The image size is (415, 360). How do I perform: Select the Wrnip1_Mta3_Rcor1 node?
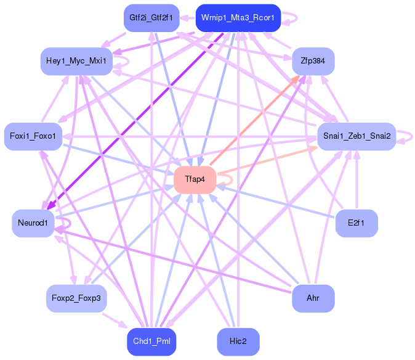tap(238, 18)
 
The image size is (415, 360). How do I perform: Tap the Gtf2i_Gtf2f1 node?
tap(151, 18)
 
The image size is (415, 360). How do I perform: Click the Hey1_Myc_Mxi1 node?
tap(76, 61)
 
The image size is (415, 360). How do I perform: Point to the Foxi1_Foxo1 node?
tap(33, 136)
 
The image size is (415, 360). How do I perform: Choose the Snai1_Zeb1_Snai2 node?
tap(356, 136)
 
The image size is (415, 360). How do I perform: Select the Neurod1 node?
tap(33, 223)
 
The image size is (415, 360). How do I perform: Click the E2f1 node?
tap(356, 223)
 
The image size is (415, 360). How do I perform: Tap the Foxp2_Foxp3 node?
tap(76, 298)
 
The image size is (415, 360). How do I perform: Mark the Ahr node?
tap(313, 298)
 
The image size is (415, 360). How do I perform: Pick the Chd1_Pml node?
tap(151, 342)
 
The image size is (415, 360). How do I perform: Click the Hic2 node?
tap(238, 342)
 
